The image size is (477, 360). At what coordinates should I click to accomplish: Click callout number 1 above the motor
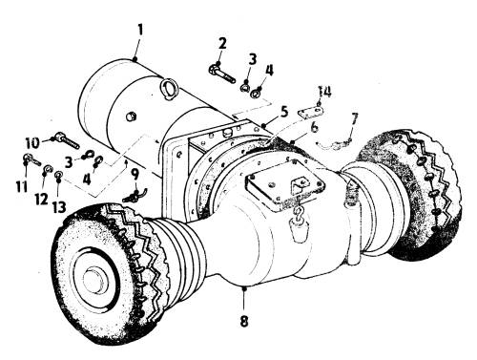[x=140, y=32]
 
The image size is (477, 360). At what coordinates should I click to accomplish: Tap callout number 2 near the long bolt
[x=222, y=44]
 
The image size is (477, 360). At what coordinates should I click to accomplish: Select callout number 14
[x=325, y=92]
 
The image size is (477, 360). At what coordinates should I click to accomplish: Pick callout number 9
[x=135, y=175]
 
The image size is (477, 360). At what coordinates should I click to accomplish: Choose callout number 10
[x=32, y=142]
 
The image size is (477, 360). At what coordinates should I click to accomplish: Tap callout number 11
[x=22, y=186]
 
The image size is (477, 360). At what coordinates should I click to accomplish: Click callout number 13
[x=59, y=207]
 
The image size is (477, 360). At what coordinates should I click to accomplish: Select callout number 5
[x=284, y=112]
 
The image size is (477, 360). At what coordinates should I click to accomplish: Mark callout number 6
[x=314, y=127]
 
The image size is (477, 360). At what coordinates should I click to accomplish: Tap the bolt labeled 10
[x=68, y=140]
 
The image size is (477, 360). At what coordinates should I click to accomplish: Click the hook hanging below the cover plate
[x=299, y=212]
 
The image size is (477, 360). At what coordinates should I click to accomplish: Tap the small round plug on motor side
[x=131, y=116]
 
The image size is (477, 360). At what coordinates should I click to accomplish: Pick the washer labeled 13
[x=58, y=175]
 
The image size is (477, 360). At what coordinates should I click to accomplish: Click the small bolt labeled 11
[x=31, y=159]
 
